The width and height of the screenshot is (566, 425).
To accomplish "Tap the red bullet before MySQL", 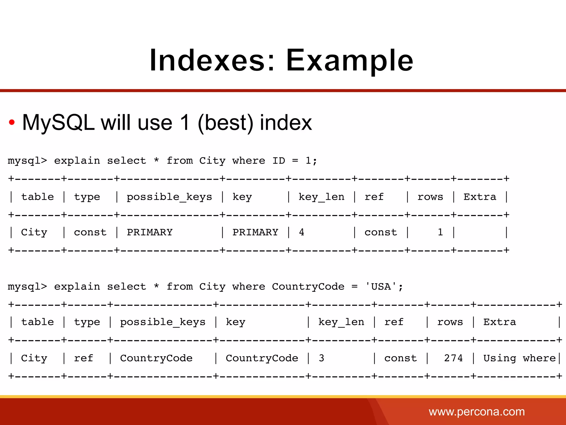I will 12,122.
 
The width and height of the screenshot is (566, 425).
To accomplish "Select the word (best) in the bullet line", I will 226,123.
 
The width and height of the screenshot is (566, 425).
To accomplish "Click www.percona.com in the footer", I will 476,412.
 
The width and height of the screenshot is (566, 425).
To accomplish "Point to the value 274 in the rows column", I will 453,358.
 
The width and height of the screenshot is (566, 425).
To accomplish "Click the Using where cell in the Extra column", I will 519,358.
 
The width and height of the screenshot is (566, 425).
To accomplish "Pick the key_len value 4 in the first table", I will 302,232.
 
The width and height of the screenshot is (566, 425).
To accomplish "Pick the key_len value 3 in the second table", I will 321,358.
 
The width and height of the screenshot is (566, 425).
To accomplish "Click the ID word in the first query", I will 279,161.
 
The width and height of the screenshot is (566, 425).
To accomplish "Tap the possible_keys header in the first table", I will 169,197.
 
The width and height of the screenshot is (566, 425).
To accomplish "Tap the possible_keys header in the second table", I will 163,322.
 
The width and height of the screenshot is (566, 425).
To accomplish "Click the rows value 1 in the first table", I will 440,232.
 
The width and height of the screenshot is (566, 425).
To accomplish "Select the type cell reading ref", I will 83,358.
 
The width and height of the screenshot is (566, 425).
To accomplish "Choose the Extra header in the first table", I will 480,197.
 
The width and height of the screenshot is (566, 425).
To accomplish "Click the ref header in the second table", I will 394,322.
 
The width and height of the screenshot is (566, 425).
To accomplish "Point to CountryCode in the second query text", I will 308,287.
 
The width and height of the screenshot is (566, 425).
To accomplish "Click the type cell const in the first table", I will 90,232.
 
